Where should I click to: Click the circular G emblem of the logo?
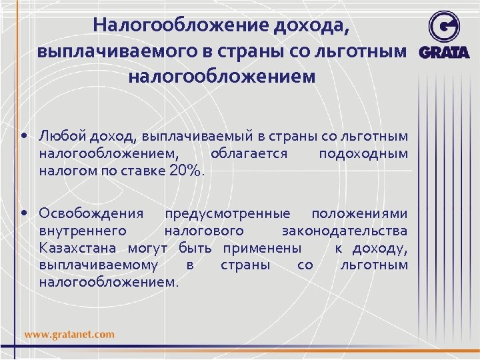click(443, 27)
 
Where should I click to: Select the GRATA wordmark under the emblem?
click(443, 53)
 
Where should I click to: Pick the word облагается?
click(248, 153)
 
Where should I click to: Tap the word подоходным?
click(363, 153)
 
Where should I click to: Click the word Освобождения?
click(91, 214)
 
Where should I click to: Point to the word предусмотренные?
click(227, 214)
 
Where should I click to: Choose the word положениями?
click(359, 214)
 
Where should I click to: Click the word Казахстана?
click(77, 248)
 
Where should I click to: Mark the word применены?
click(261, 248)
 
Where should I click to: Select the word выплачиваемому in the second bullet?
click(99, 265)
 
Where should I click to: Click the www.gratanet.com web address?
click(70, 335)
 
